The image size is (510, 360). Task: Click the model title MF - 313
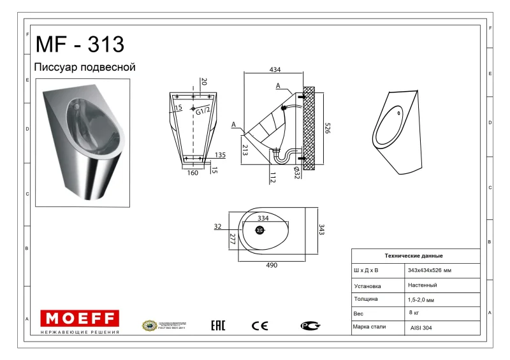coord(80,44)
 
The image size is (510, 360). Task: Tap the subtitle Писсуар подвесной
coord(84,67)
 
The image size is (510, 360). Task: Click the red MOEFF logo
coord(80,318)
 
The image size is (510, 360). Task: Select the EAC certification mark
coord(218,326)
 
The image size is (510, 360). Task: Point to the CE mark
coord(259,326)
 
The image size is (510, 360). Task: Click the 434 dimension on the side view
coord(275,69)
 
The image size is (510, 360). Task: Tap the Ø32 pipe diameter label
coord(296,171)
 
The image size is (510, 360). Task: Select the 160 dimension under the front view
coord(193,172)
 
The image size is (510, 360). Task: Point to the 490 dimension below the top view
coord(272,265)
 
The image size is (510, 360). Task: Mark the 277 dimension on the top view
coord(233,240)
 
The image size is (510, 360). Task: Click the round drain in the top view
coord(260,230)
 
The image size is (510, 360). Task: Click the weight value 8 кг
coord(415,312)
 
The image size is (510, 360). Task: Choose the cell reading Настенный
coord(422,285)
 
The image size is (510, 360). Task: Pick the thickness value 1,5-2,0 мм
coord(421,299)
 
